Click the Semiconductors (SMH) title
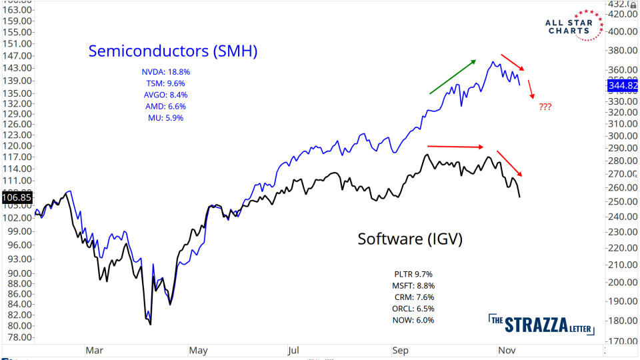pos(173,51)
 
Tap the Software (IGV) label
pos(409,239)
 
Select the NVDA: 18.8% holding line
pos(166,71)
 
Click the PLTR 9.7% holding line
pos(413,274)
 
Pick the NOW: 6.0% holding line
pos(413,320)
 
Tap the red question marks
pos(545,107)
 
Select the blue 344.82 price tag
pos(622,85)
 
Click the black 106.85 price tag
pos(17,197)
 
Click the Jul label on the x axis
pos(294,349)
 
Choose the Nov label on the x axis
pos(505,349)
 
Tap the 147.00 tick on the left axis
pos(17,57)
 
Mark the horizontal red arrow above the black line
pos(455,146)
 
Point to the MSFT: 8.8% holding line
pos(413,285)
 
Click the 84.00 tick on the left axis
pos(17,304)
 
